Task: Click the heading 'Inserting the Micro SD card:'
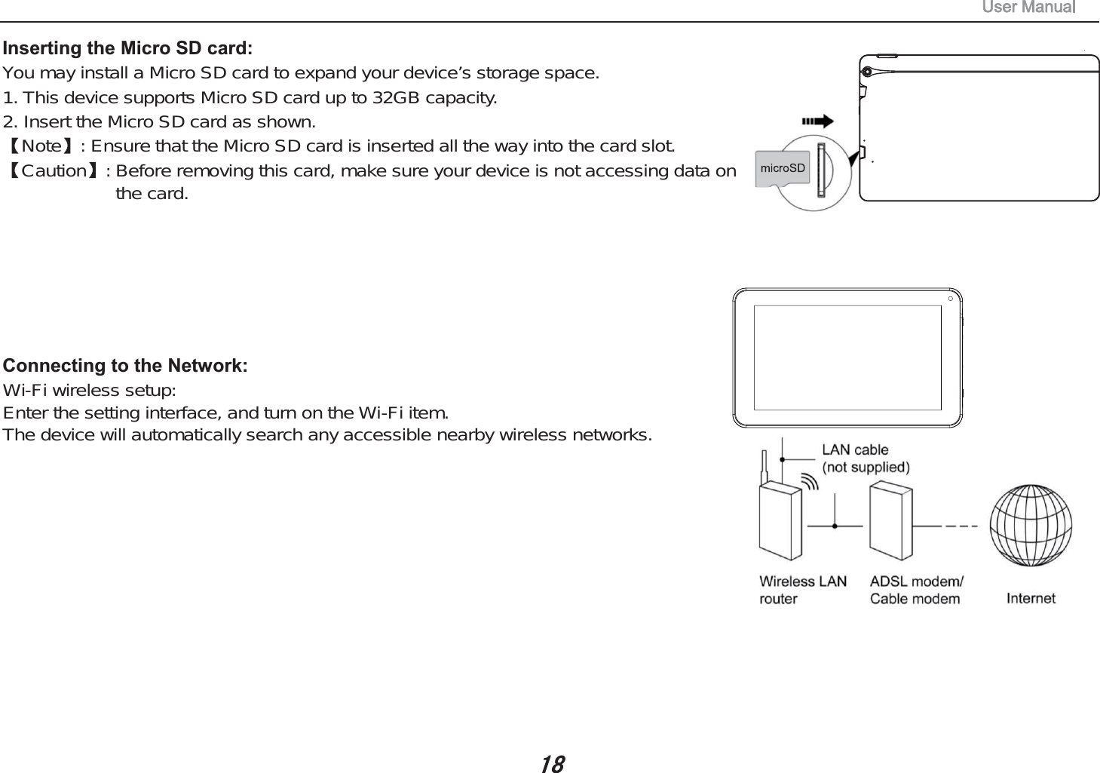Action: pos(127,48)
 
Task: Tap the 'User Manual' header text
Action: pos(1028,8)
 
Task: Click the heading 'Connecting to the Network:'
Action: pos(125,366)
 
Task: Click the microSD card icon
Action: pos(782,168)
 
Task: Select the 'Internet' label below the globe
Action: pos(1031,598)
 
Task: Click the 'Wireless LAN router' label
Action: pos(802,590)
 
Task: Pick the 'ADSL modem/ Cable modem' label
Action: pos(916,590)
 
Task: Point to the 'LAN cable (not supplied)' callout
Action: pos(865,459)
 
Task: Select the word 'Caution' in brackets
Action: pos(54,170)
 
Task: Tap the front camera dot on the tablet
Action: pos(951,299)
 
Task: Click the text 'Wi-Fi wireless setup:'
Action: pos(90,391)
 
